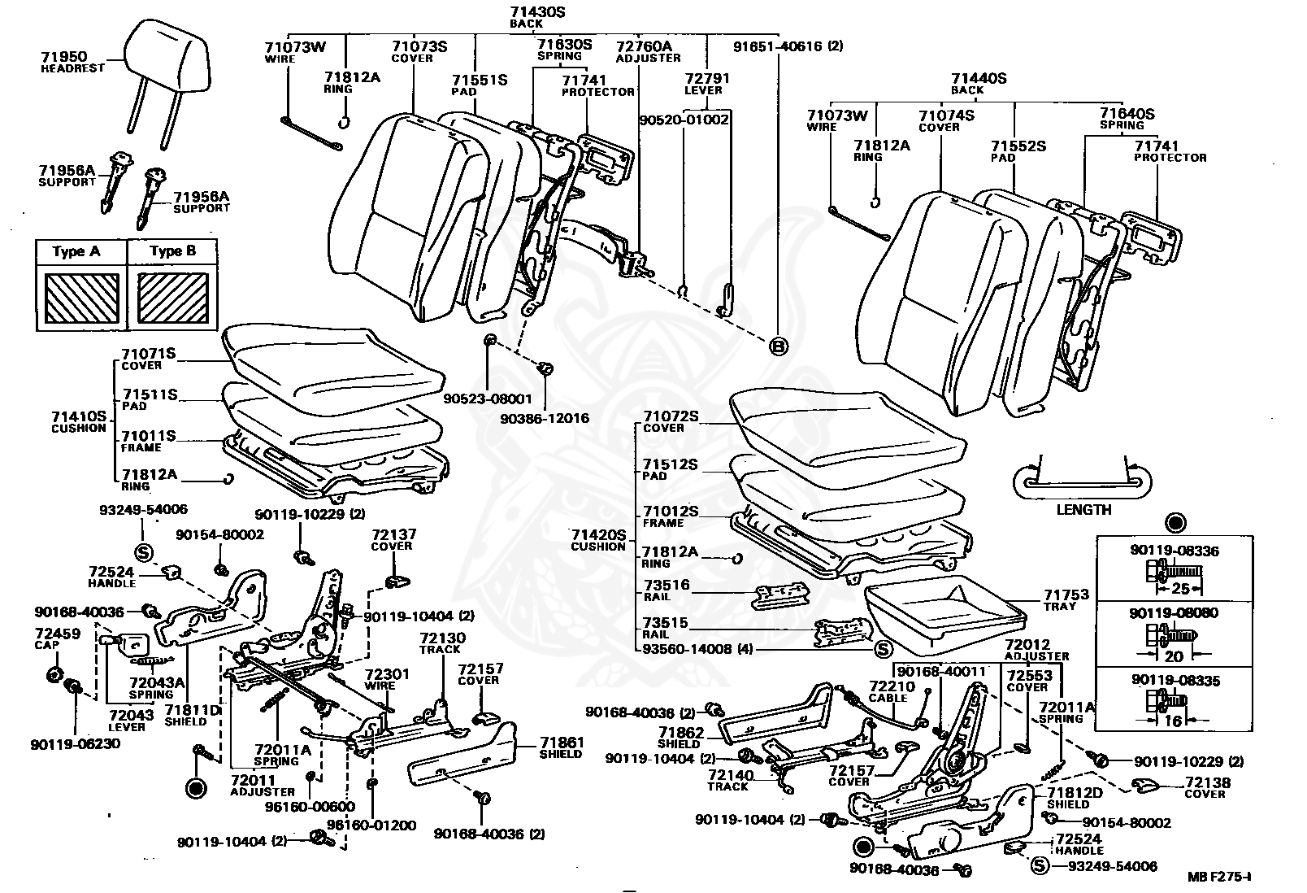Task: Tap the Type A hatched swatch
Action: [81, 298]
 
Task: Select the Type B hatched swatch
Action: [172, 298]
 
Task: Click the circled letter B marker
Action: [779, 346]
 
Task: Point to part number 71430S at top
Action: [536, 11]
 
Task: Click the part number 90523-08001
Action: [488, 399]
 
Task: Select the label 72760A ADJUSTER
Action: [648, 52]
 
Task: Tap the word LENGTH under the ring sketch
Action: [1083, 510]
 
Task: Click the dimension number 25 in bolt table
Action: [1180, 588]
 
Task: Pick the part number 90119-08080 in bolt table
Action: [1174, 613]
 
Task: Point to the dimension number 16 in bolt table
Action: [1173, 721]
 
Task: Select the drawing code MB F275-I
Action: [1219, 877]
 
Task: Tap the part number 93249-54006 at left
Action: [143, 510]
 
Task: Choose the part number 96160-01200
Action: [371, 825]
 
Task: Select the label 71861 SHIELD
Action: [561, 747]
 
